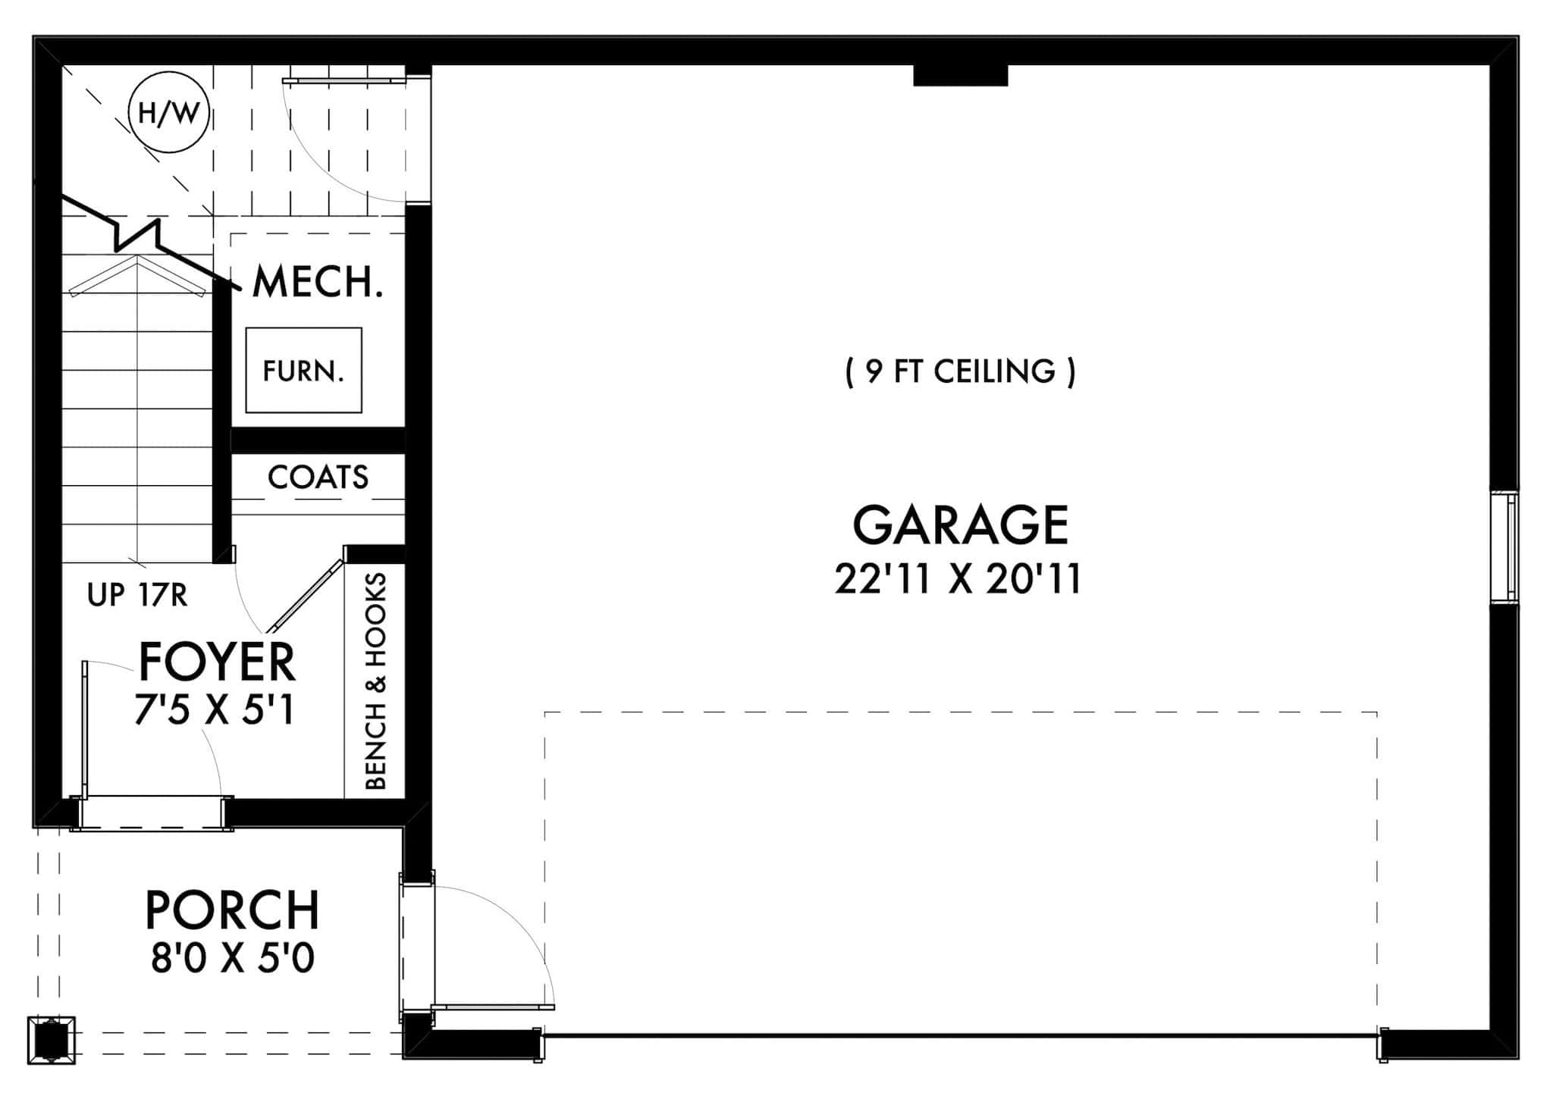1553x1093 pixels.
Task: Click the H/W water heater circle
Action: (168, 114)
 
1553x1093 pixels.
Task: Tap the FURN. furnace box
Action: (303, 371)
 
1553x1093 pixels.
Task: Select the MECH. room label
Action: (317, 282)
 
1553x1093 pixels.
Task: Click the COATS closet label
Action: (318, 478)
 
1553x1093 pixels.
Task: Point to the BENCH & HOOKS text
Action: (376, 681)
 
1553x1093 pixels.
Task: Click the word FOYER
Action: (217, 662)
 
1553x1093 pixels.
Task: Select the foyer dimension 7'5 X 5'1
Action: (215, 711)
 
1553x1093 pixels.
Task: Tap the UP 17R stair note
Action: (137, 596)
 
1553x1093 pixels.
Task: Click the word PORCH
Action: (232, 910)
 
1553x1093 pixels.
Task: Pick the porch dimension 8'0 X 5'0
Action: (232, 959)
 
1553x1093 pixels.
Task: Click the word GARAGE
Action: (960, 525)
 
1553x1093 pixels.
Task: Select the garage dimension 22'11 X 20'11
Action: (958, 580)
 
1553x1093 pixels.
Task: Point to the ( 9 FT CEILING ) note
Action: (960, 371)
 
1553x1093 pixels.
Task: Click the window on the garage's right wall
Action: (1504, 547)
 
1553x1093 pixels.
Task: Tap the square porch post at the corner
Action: (52, 1040)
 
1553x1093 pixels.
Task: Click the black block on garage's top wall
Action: (960, 75)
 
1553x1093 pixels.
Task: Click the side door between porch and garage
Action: (417, 947)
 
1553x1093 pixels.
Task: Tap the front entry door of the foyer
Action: (152, 813)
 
